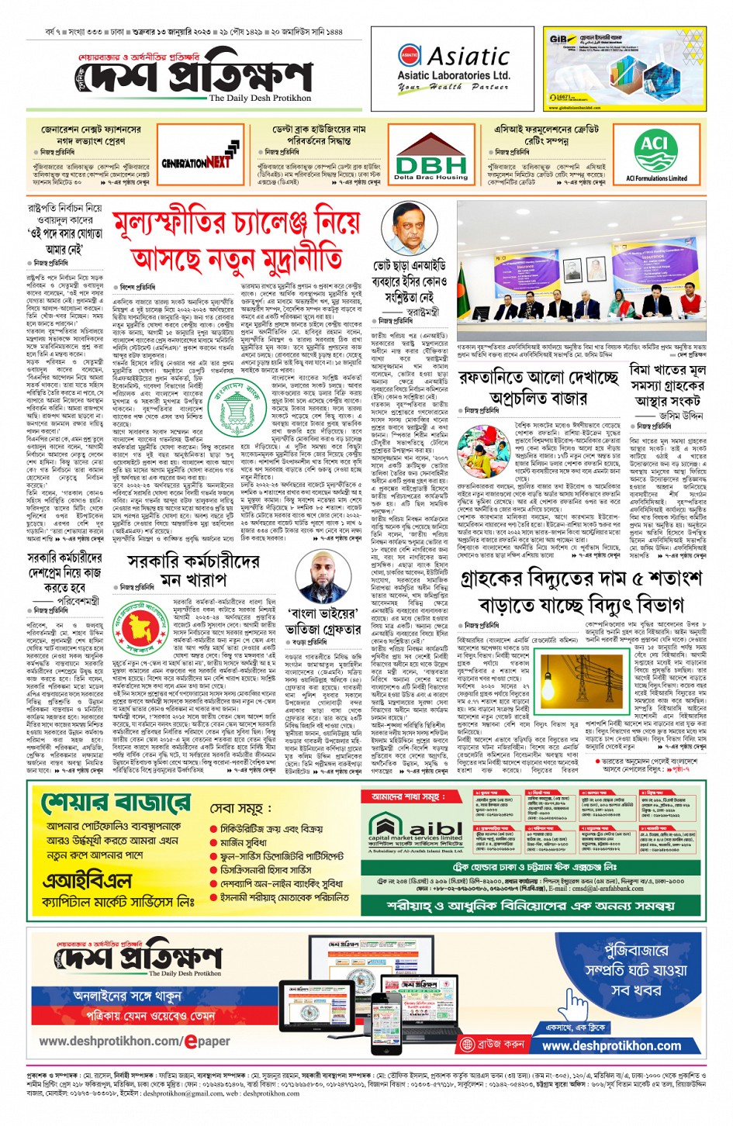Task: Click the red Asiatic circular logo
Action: pos(410,56)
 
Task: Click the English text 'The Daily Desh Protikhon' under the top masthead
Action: pos(260,98)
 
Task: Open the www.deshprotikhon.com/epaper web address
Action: pos(134,1041)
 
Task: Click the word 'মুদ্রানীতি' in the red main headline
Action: pos(293,257)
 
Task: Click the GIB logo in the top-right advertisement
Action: pos(558,40)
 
